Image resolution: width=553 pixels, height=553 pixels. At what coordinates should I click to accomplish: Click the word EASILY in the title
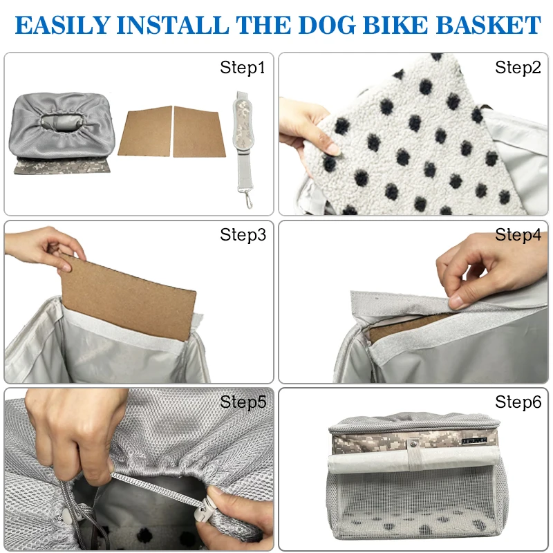click(x=62, y=25)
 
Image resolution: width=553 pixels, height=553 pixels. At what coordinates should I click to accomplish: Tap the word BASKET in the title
click(x=489, y=25)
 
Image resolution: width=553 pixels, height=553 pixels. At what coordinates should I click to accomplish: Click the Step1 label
click(x=243, y=67)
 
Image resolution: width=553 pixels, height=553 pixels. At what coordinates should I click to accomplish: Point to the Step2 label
click(x=518, y=67)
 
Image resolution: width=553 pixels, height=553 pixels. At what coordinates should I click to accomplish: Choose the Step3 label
click(x=243, y=234)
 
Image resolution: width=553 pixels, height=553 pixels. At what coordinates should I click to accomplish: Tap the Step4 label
click(x=518, y=234)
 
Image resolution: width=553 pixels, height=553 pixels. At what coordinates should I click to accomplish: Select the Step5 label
click(x=243, y=402)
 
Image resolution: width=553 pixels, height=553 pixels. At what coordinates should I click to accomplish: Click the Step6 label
click(x=518, y=402)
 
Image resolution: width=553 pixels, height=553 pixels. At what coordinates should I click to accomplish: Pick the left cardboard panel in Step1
click(x=145, y=131)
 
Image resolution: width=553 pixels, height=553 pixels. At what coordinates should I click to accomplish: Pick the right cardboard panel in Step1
click(x=198, y=131)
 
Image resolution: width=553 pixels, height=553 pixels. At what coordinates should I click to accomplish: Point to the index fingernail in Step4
click(x=458, y=301)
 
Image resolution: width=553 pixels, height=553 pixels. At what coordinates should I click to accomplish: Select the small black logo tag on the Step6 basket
click(x=474, y=440)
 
